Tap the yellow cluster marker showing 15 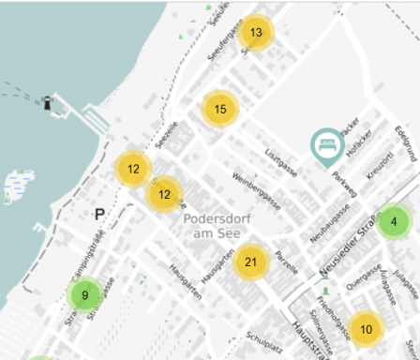[220, 109]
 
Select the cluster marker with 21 [250, 262]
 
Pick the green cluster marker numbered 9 [85, 295]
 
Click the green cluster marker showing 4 [394, 222]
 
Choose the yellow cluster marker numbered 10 [366, 328]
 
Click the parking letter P [99, 215]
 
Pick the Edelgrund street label [405, 146]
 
